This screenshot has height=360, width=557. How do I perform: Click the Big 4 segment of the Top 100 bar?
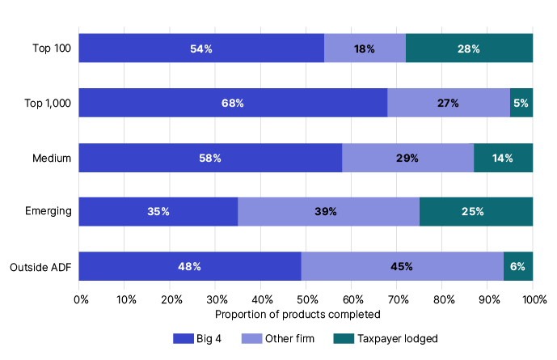201,49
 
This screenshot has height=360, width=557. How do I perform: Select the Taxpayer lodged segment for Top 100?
469,49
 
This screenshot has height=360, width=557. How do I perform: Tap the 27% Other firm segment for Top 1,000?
449,103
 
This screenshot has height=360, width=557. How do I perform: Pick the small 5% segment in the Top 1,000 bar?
521,103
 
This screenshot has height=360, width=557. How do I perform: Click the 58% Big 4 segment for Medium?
210,158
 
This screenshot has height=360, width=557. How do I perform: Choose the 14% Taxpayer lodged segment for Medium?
503,158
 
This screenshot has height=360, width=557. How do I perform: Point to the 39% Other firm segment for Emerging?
328,212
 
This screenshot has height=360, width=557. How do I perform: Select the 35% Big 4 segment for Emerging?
158,212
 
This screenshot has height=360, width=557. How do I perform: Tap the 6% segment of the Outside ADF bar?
518,266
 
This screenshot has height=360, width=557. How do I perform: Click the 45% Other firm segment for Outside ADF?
403,266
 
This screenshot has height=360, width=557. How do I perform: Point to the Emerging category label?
49,212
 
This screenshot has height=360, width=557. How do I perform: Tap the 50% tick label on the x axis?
306,300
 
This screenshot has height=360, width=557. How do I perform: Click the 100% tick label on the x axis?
534,300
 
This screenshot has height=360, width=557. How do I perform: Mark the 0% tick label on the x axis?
81,300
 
